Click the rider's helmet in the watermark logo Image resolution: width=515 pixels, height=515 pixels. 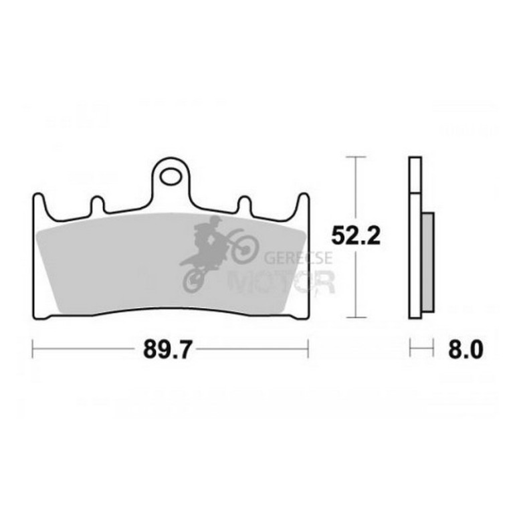[216, 221]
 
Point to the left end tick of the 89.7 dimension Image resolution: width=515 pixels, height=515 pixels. [33, 348]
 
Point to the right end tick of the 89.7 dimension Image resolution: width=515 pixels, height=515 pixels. [307, 348]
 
